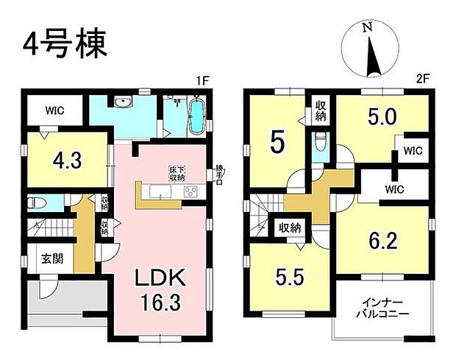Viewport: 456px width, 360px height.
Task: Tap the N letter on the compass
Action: tap(367, 27)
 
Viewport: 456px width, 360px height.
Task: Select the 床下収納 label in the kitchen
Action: tap(176, 174)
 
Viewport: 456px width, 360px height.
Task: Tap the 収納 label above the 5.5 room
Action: tap(288, 228)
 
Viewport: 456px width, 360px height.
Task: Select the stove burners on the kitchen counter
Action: tap(190, 192)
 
